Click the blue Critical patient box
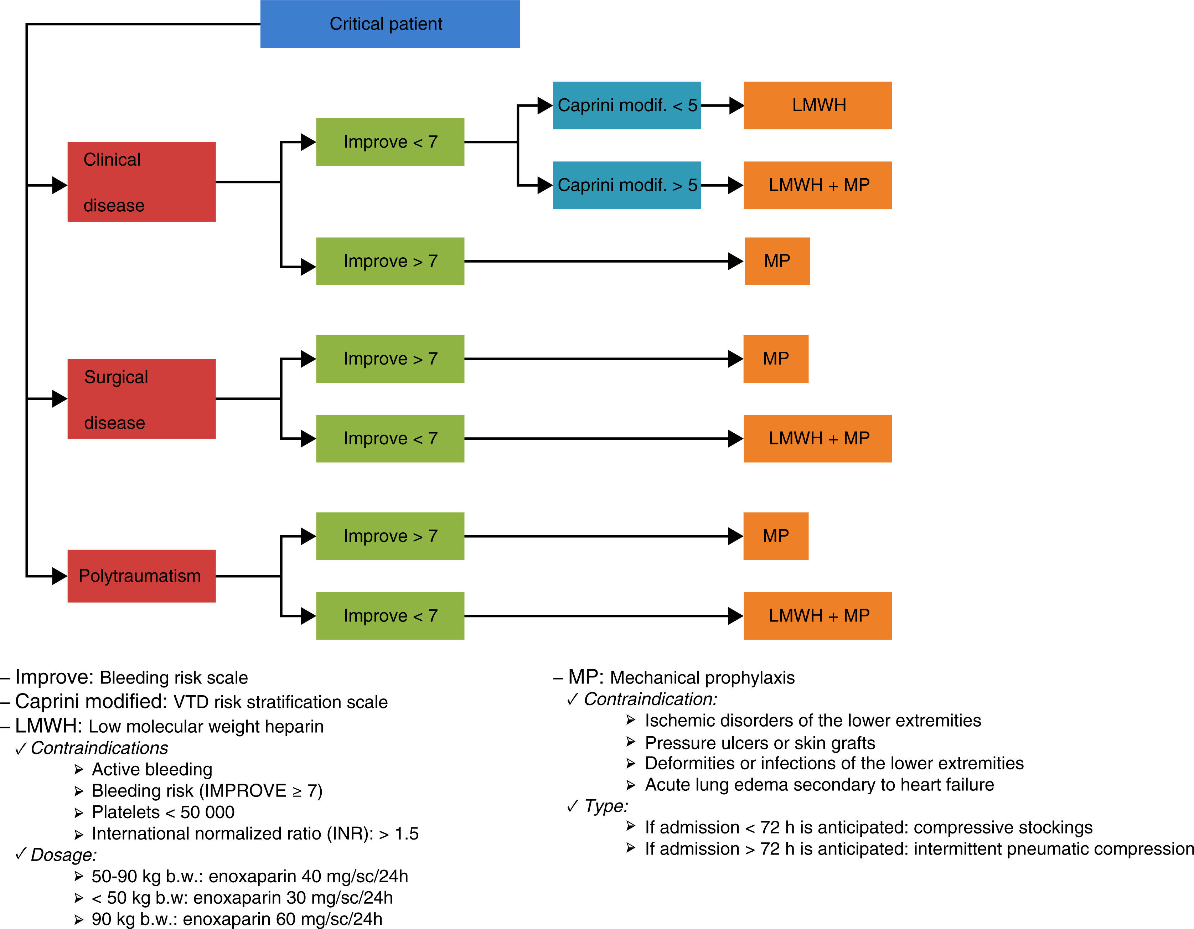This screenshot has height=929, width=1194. pyautogui.click(x=390, y=24)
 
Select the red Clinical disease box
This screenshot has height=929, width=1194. pyautogui.click(x=141, y=182)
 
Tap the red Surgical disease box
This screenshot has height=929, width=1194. pyautogui.click(x=141, y=399)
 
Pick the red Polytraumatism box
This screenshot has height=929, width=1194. pyautogui.click(x=141, y=576)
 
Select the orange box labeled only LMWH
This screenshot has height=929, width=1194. pyautogui.click(x=818, y=105)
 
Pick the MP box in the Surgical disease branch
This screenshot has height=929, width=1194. pyautogui.click(x=776, y=359)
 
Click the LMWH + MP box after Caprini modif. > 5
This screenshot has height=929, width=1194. pyautogui.click(x=818, y=185)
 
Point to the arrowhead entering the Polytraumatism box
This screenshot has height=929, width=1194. pyautogui.click(x=59, y=576)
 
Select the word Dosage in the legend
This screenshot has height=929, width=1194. pyautogui.click(x=63, y=855)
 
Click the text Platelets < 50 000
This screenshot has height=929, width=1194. pyautogui.click(x=163, y=812)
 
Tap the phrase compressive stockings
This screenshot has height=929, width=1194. pyautogui.click(x=1003, y=827)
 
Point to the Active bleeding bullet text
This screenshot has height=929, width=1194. pyautogui.click(x=152, y=769)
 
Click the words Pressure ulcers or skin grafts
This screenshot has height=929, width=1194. pyautogui.click(x=760, y=743)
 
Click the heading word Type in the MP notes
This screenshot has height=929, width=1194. pyautogui.click(x=606, y=806)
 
